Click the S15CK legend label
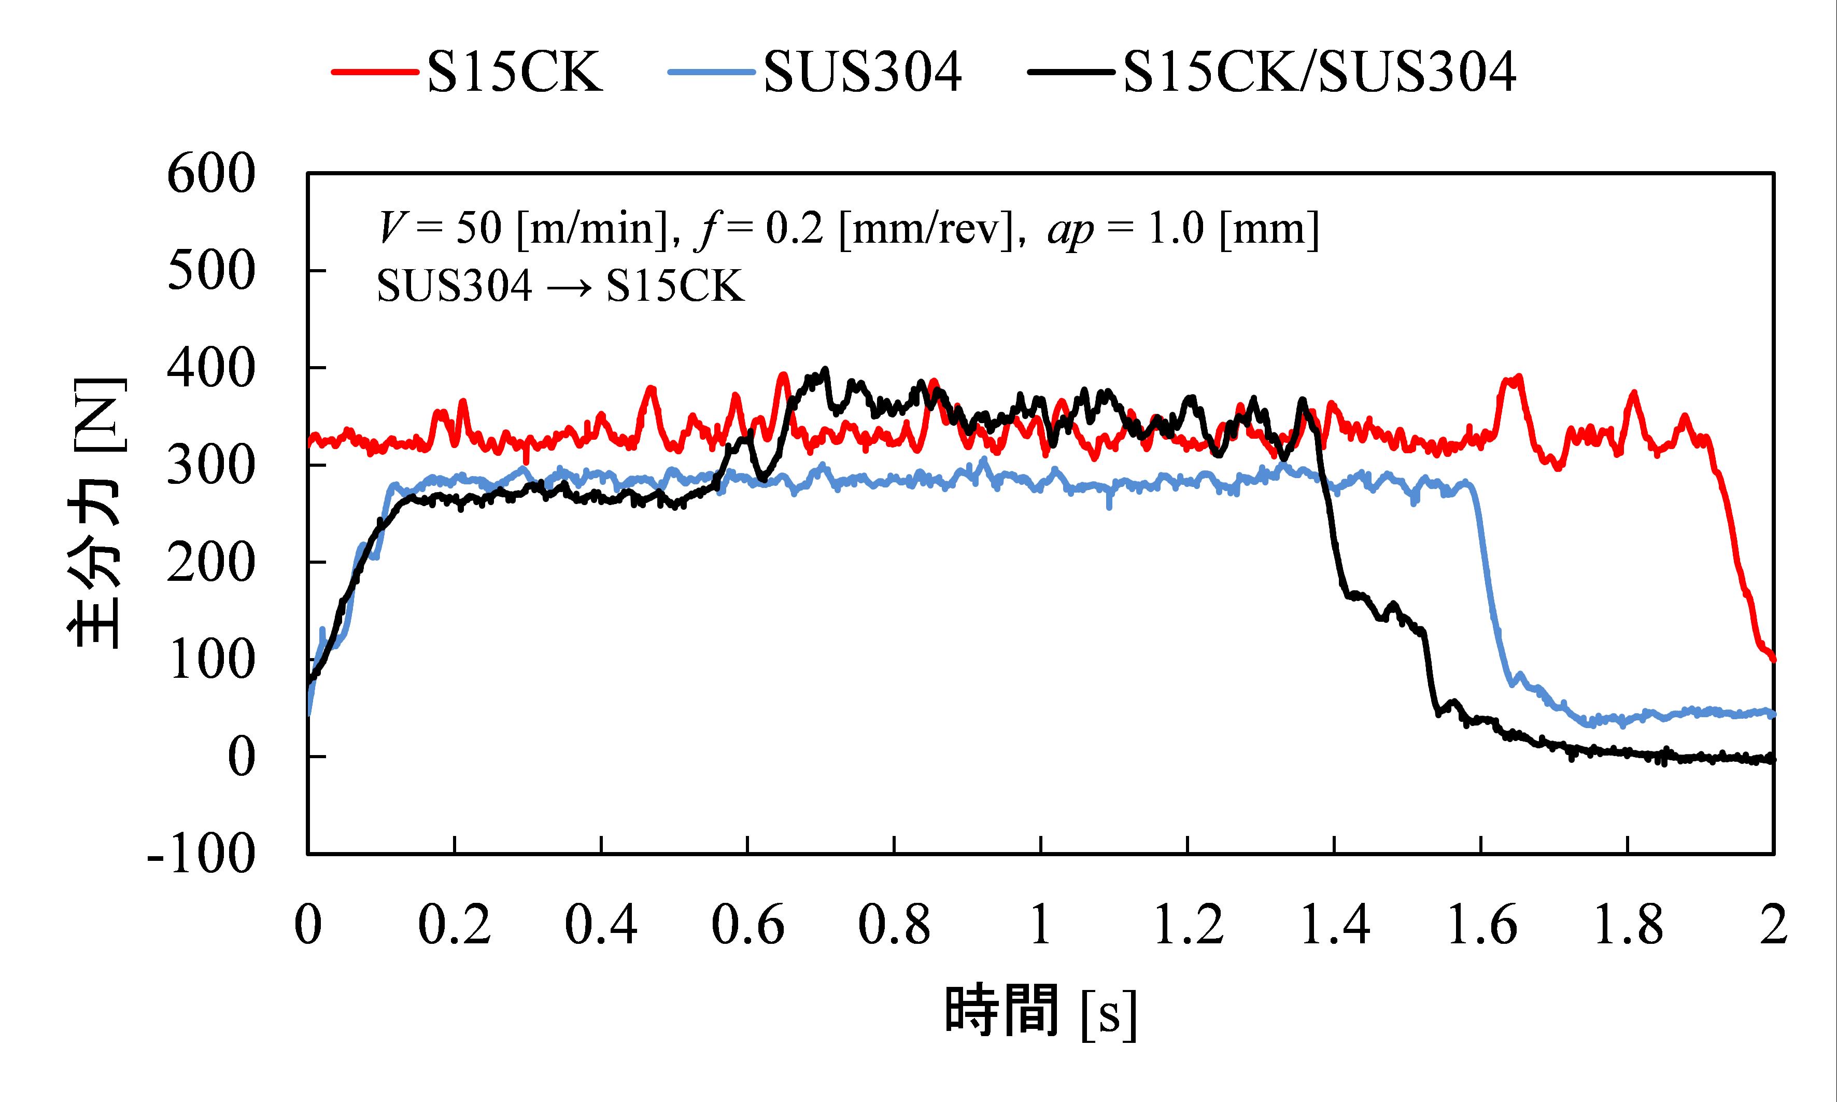515,72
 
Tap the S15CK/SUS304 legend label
1320,72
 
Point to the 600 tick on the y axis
211,175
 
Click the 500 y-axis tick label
211,272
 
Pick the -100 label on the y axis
201,855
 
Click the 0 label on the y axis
241,758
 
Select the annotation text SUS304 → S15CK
560,286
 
